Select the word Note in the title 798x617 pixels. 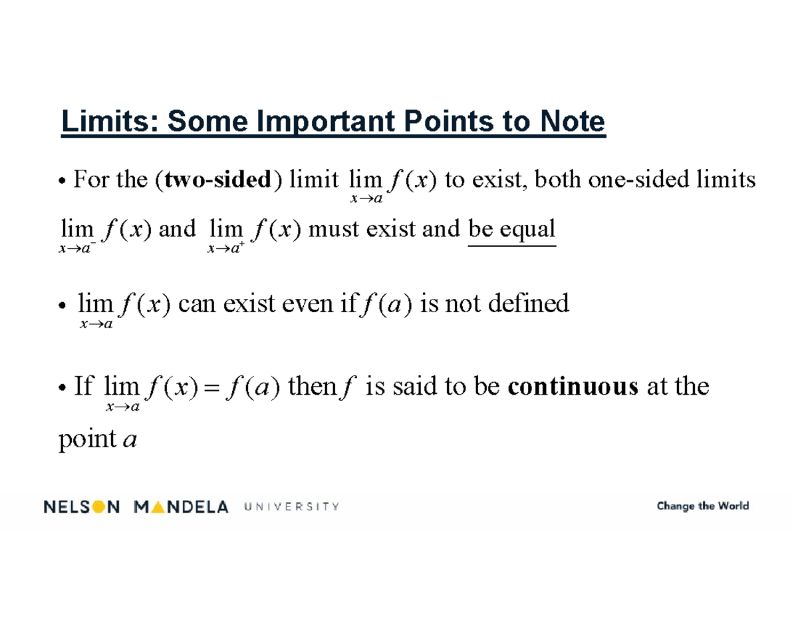pos(573,122)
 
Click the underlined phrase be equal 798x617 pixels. pos(511,230)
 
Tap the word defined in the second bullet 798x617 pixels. pos(529,304)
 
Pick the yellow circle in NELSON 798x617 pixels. pos(98,507)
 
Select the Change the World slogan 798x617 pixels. pos(702,507)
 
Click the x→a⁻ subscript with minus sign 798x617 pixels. pos(76,248)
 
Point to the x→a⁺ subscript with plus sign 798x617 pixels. pos(225,248)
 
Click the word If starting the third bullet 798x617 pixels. pos(84,386)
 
